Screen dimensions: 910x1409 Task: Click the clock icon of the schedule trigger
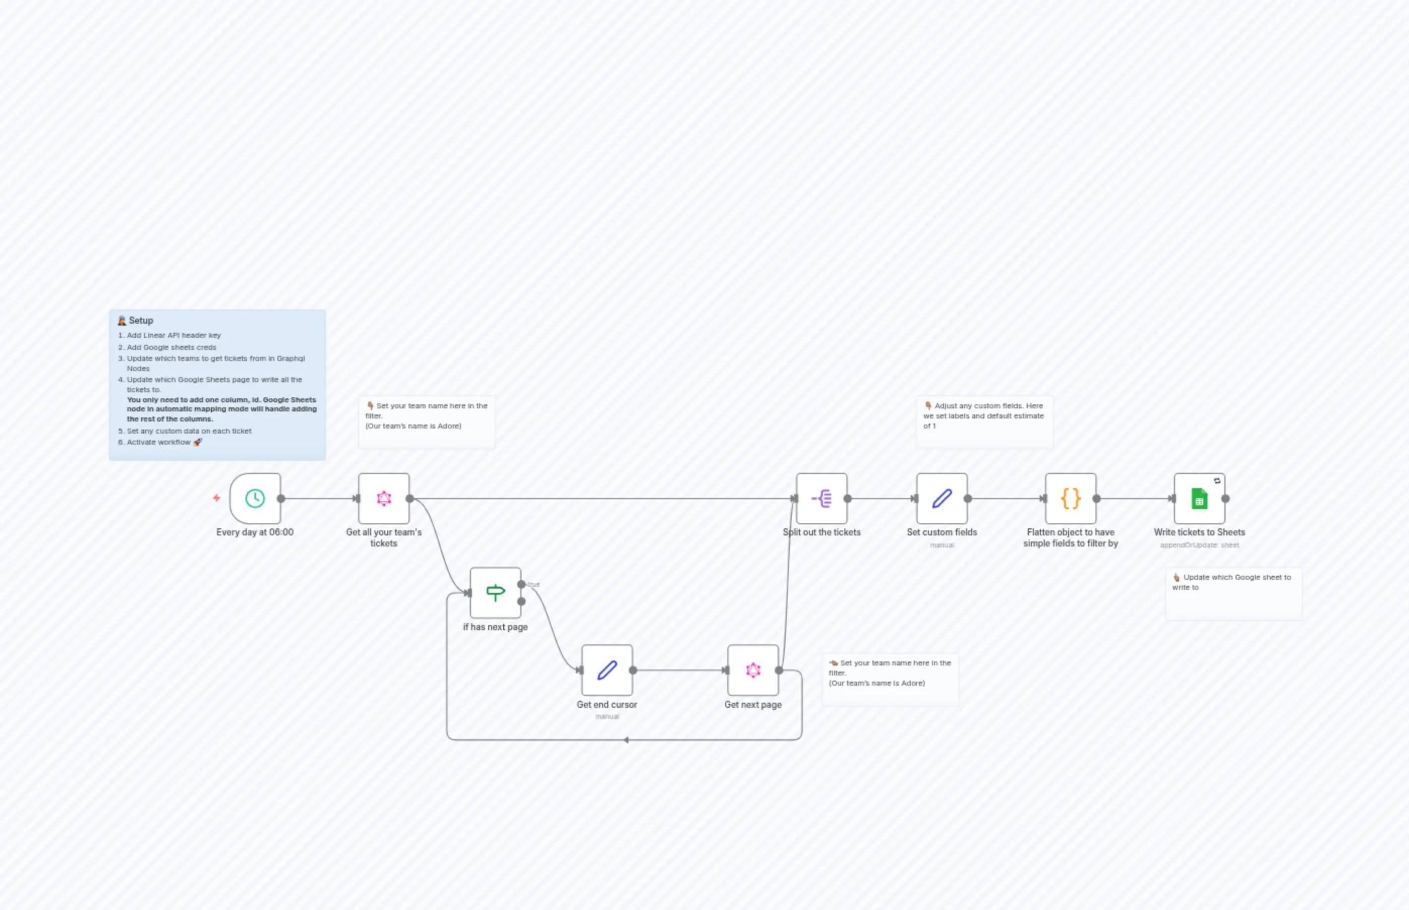(255, 498)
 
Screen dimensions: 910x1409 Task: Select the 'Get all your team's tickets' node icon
(384, 498)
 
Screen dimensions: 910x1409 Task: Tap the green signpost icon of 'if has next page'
(495, 592)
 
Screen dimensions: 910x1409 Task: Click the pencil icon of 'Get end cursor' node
(607, 670)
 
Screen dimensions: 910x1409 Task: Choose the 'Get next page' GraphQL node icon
(753, 670)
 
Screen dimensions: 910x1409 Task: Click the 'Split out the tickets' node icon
(821, 498)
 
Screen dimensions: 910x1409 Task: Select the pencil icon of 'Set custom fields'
(942, 498)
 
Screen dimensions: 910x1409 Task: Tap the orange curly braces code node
(1070, 498)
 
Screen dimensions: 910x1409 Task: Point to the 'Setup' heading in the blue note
(141, 320)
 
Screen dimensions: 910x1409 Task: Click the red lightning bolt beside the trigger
(216, 498)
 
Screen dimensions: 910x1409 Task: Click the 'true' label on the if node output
(534, 584)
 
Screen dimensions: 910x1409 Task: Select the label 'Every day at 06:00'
(255, 532)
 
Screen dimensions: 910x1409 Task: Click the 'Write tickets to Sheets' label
(1199, 532)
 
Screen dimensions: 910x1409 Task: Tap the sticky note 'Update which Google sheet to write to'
(1234, 593)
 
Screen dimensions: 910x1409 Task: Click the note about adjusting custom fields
(984, 420)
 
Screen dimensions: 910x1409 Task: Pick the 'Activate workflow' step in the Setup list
(158, 442)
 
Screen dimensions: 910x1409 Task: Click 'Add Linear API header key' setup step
(174, 335)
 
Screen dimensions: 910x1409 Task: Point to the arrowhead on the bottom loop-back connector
(625, 740)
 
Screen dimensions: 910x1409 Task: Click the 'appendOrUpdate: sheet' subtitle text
(1199, 545)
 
